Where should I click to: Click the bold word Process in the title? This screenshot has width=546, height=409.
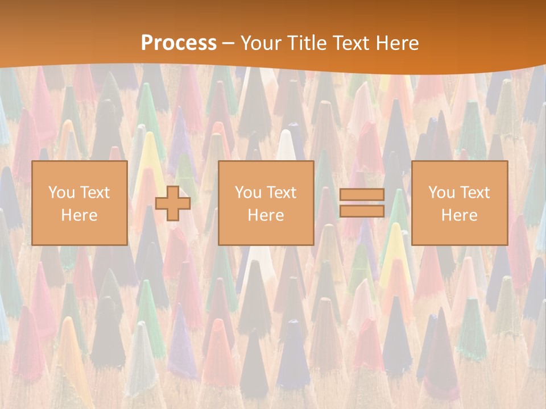pos(179,43)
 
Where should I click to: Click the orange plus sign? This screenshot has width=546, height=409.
pos(173,203)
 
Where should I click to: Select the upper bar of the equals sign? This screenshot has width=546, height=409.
pos(362,195)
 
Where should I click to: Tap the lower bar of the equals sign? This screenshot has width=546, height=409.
pos(362,211)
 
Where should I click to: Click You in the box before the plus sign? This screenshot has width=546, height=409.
pos(60,193)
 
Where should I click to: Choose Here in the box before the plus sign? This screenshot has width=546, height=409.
pos(79,215)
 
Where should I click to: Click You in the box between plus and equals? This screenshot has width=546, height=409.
pos(247,193)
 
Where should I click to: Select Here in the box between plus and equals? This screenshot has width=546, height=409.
pos(266,215)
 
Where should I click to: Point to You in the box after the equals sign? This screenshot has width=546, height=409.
pos(441,193)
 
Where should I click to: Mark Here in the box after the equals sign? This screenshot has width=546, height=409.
pos(459,215)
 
